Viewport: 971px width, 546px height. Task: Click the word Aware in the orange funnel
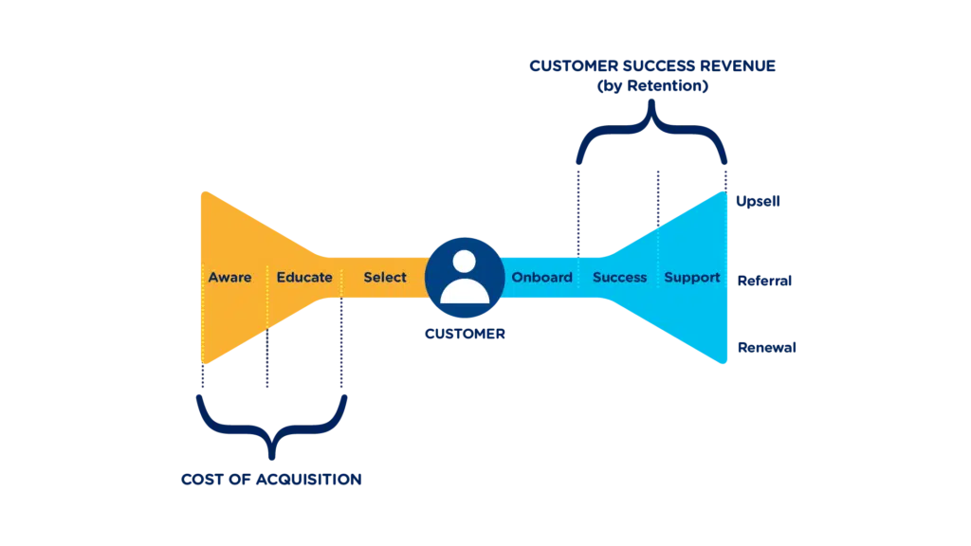point(229,278)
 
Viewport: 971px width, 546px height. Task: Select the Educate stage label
point(304,278)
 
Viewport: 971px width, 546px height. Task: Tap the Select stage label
point(384,278)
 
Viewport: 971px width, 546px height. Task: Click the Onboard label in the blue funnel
point(541,278)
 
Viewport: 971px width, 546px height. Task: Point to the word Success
point(619,278)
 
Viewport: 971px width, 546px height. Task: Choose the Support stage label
point(691,278)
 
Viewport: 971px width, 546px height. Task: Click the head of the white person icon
point(465,263)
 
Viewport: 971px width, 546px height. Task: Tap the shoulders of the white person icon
point(465,291)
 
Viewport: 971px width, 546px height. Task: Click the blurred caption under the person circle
point(465,334)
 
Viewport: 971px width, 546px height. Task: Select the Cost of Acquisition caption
point(270,479)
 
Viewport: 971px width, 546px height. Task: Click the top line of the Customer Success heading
point(654,66)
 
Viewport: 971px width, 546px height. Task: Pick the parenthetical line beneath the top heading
point(654,86)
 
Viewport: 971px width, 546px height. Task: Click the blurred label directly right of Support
point(765,282)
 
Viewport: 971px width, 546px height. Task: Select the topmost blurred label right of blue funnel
point(758,202)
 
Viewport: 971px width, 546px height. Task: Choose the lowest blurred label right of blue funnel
point(765,349)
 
